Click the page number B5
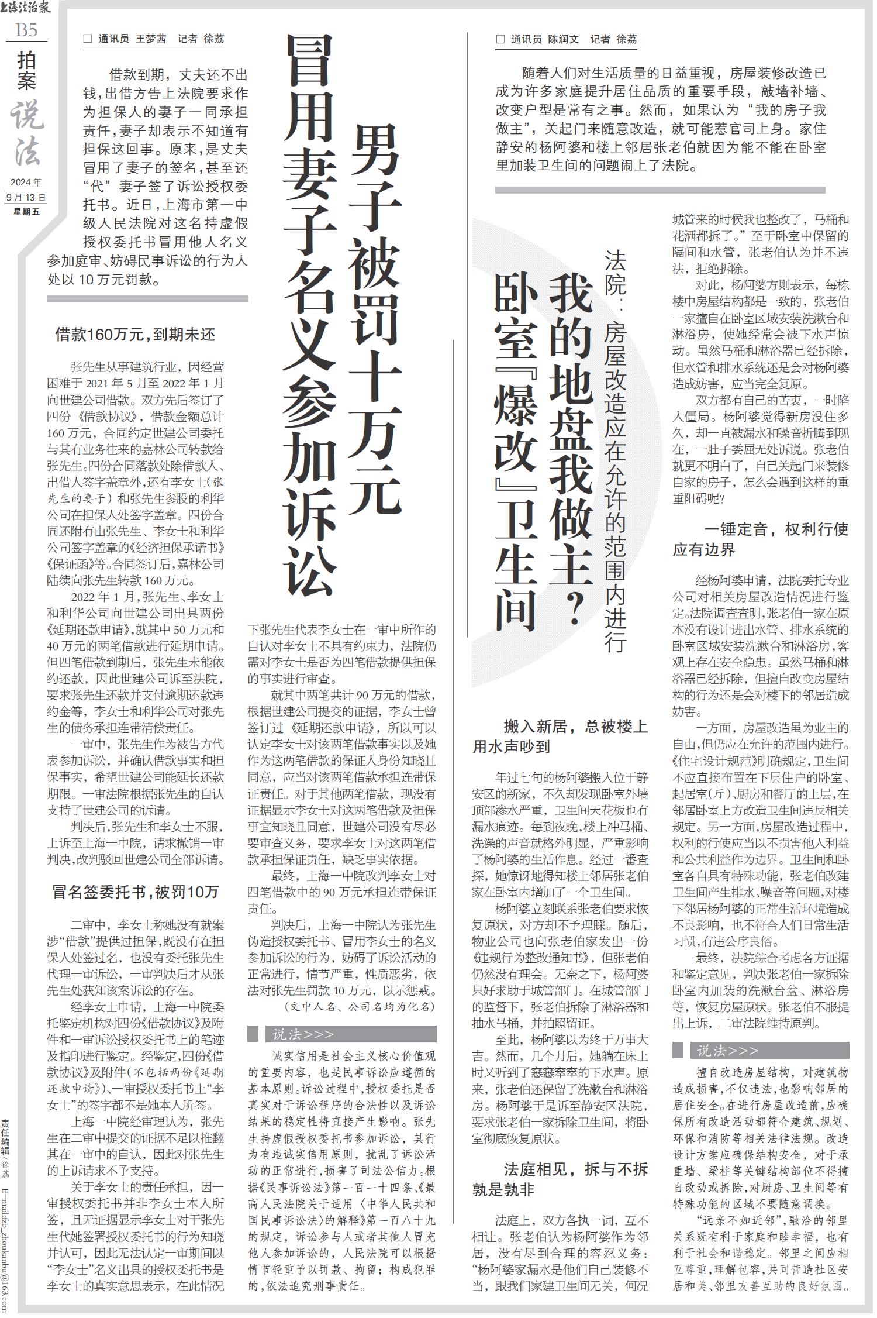(x=26, y=29)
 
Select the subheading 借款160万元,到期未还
(x=135, y=335)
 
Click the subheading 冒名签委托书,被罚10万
(x=135, y=891)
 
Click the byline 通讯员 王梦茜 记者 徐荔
(x=154, y=39)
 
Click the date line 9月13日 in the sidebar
(x=26, y=198)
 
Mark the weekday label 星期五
(x=26, y=212)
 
